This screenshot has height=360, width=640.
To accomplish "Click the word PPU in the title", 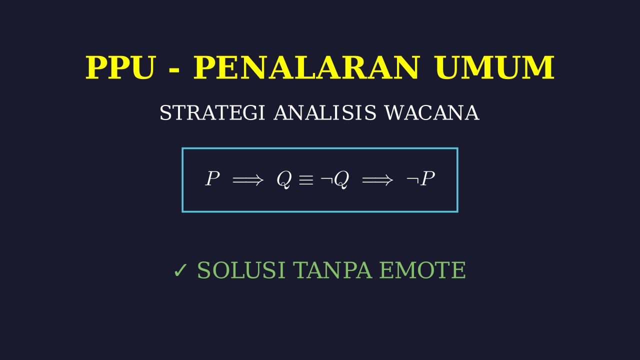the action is pyautogui.click(x=121, y=67).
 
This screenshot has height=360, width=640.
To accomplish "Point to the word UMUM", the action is pyautogui.click(x=495, y=67).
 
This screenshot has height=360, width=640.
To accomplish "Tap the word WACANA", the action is pyautogui.click(x=432, y=112).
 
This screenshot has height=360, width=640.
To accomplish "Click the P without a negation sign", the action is pyautogui.click(x=212, y=178).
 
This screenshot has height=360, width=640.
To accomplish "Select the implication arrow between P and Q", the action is pyautogui.click(x=248, y=180).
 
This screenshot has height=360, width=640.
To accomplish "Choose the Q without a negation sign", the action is pyautogui.click(x=284, y=179).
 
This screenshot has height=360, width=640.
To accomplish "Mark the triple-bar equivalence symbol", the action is pyautogui.click(x=306, y=180).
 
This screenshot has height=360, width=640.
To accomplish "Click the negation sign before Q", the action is pyautogui.click(x=326, y=179).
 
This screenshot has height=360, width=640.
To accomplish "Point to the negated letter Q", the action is pyautogui.click(x=341, y=179).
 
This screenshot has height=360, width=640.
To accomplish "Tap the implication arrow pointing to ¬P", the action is pyautogui.click(x=377, y=180).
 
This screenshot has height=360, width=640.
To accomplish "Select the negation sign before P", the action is pyautogui.click(x=412, y=179).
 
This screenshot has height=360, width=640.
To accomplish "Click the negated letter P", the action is pyautogui.click(x=427, y=178).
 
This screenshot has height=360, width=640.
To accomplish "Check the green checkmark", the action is pyautogui.click(x=180, y=270).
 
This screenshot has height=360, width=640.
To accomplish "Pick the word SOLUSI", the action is pyautogui.click(x=241, y=270).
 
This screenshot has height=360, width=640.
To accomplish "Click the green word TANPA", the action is pyautogui.click(x=332, y=270).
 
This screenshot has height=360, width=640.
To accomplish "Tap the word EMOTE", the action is pyautogui.click(x=422, y=270).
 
